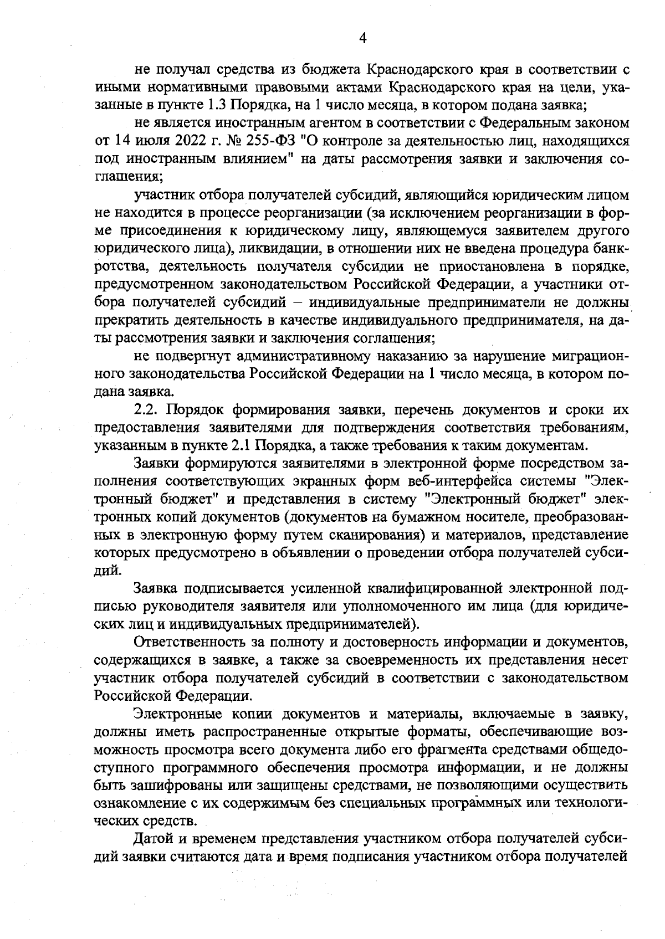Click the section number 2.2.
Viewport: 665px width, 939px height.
click(x=147, y=410)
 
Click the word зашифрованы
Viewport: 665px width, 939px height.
click(x=158, y=786)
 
